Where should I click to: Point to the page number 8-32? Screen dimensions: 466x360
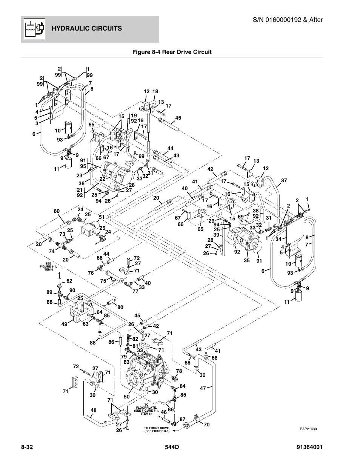point(28,447)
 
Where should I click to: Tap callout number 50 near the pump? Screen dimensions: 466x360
point(126,397)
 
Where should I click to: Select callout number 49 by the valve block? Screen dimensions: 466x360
point(64,324)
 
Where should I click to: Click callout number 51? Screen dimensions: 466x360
point(101,217)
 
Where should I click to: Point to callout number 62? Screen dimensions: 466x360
point(69,281)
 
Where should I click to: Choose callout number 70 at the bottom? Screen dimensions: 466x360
point(206,424)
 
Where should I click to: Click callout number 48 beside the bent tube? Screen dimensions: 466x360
point(94,411)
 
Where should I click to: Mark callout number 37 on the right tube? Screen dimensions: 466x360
point(284,181)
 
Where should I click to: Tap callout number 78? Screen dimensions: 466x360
point(179,371)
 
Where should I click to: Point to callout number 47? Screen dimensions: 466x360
point(203,388)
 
